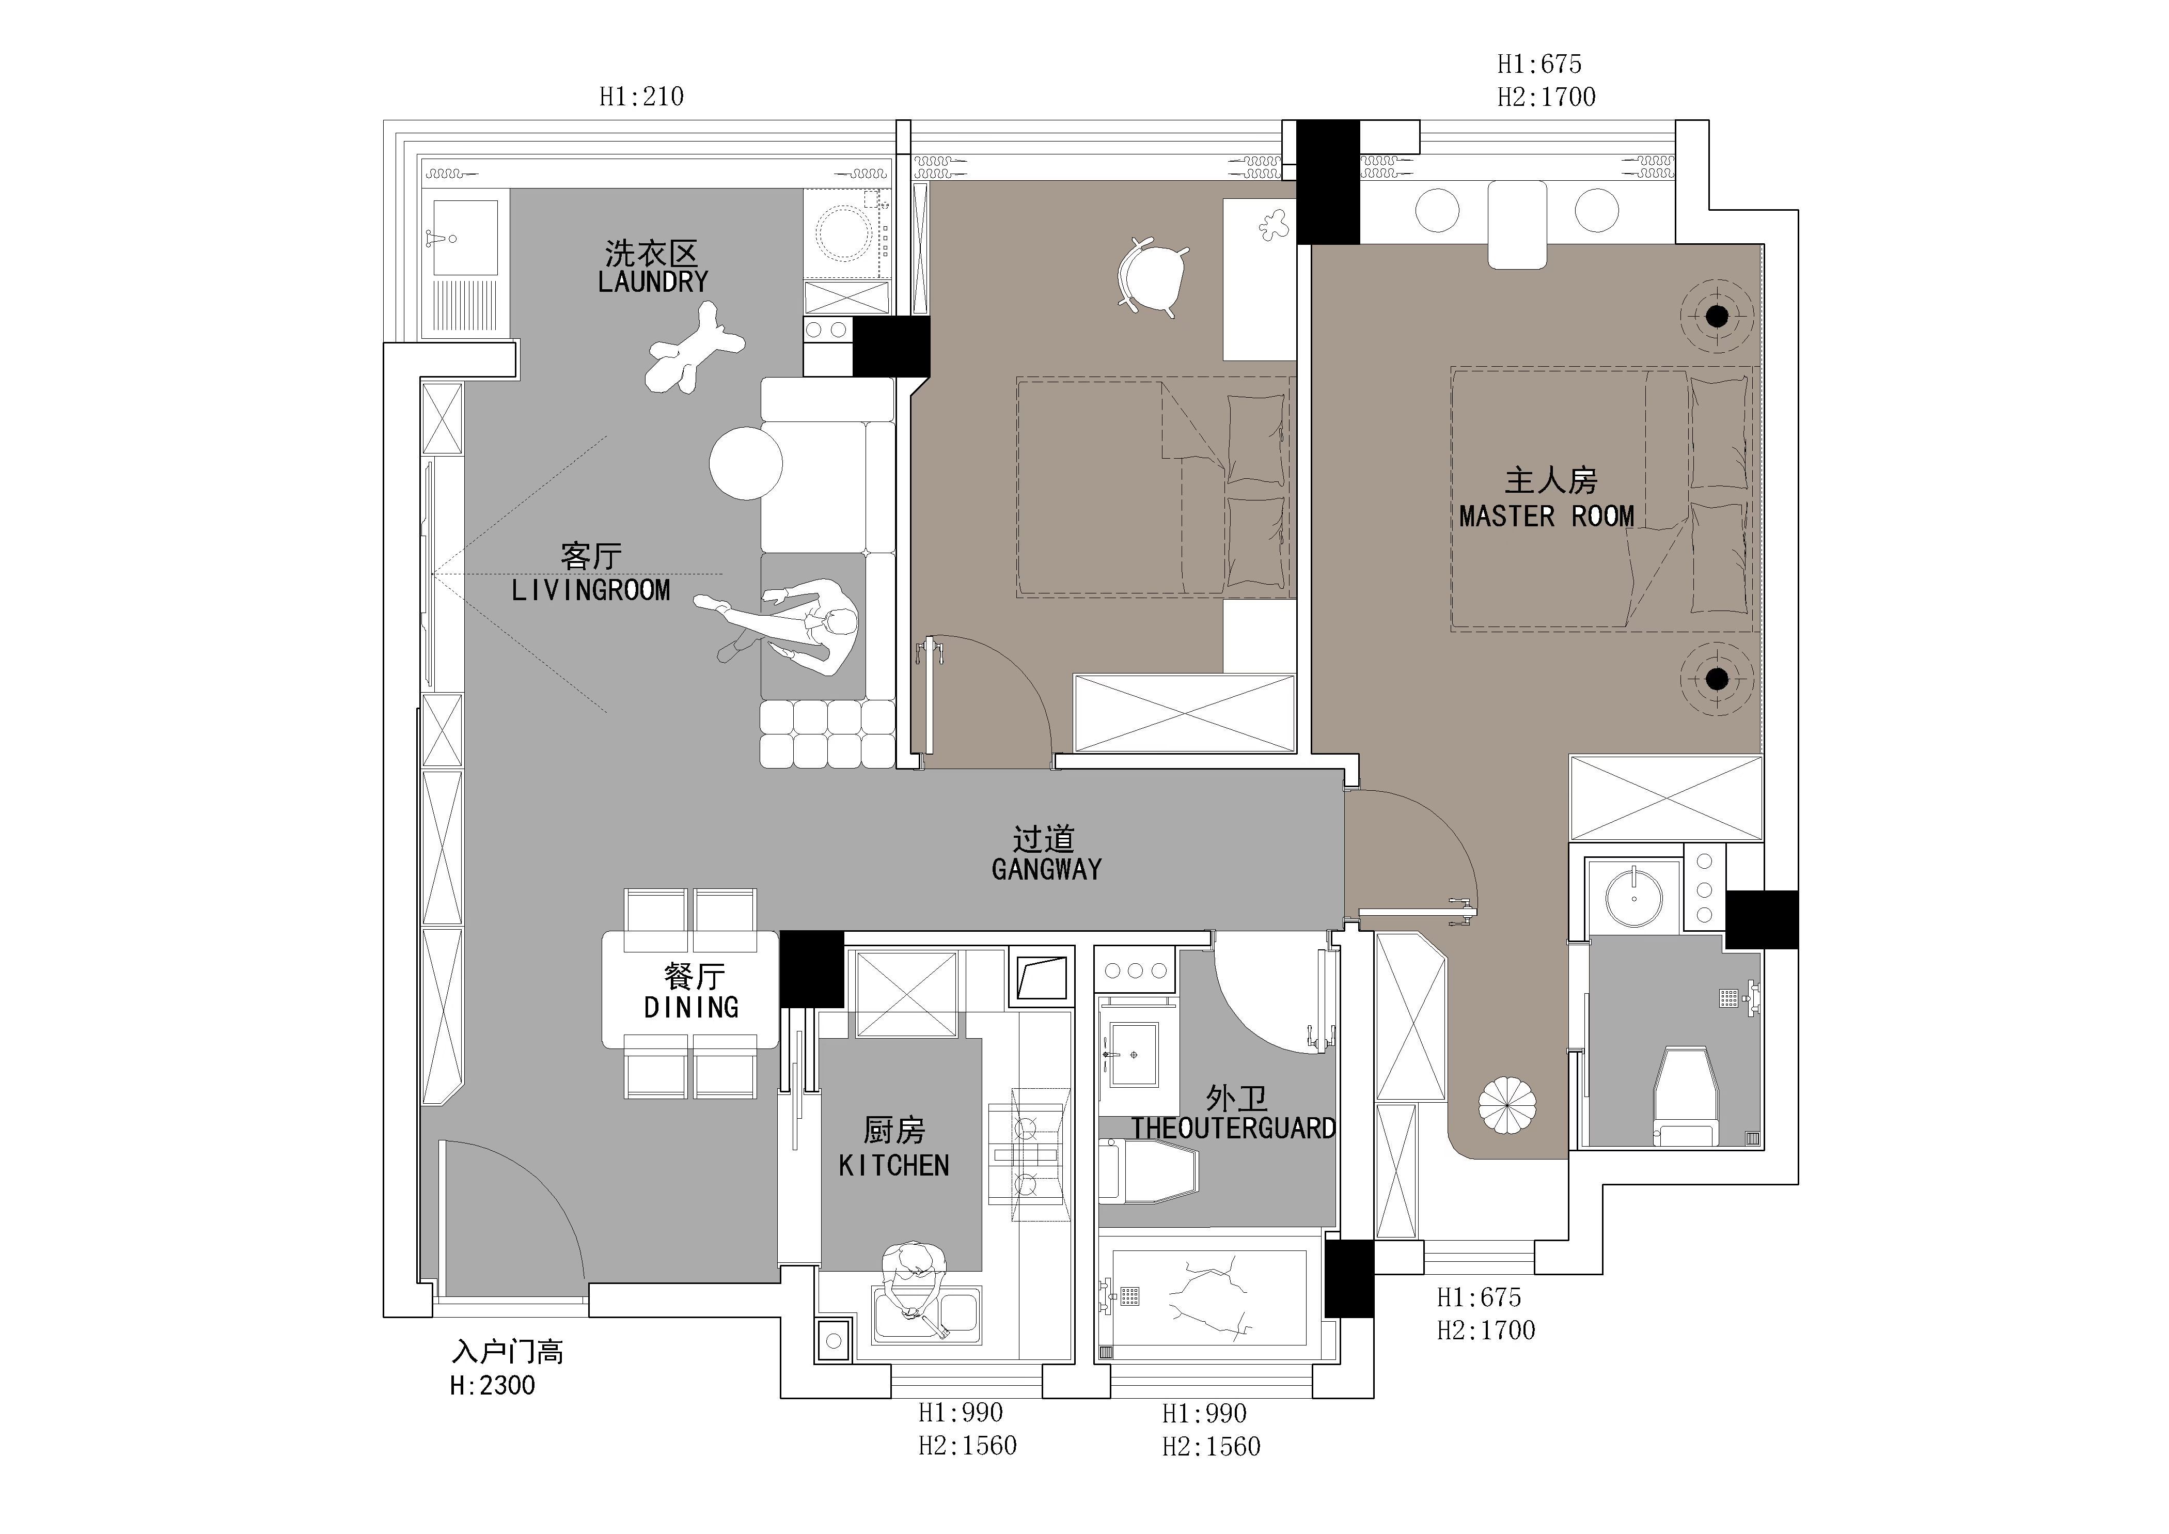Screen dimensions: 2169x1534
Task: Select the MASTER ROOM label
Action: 1547,516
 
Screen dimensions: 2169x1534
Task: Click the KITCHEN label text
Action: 893,1166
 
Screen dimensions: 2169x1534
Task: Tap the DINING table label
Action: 691,1008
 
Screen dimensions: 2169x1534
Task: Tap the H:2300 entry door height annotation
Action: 492,1386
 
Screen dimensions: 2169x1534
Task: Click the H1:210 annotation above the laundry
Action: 641,97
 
